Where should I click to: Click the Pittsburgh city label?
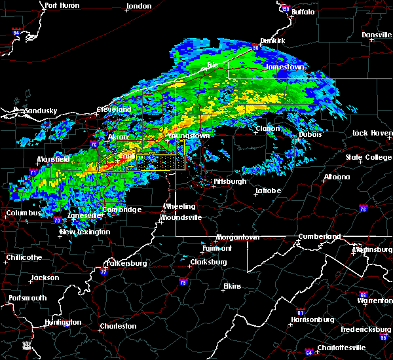[230, 181]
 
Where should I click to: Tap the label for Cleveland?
[114, 109]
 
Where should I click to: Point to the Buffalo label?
[303, 12]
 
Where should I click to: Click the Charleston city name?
[118, 326]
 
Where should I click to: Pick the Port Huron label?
[62, 5]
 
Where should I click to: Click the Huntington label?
[63, 322]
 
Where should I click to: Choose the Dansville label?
[376, 35]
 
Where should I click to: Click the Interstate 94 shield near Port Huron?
[17, 31]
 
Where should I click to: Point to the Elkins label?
[232, 286]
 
